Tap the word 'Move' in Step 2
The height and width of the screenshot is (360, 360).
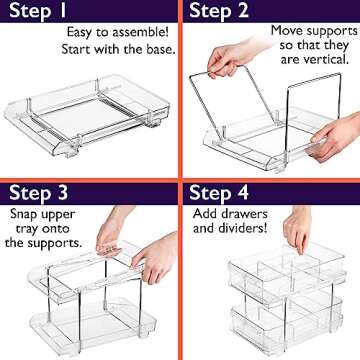coord(291,31)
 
